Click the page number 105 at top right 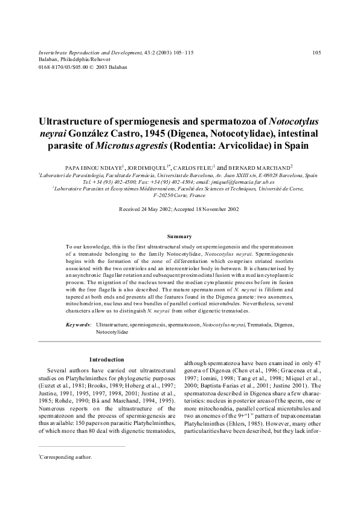click(x=317, y=53)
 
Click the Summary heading click(x=179, y=236)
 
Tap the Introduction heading click(x=107, y=360)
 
